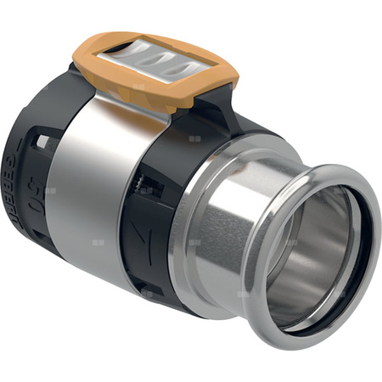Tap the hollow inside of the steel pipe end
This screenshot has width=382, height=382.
tap(323, 255)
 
